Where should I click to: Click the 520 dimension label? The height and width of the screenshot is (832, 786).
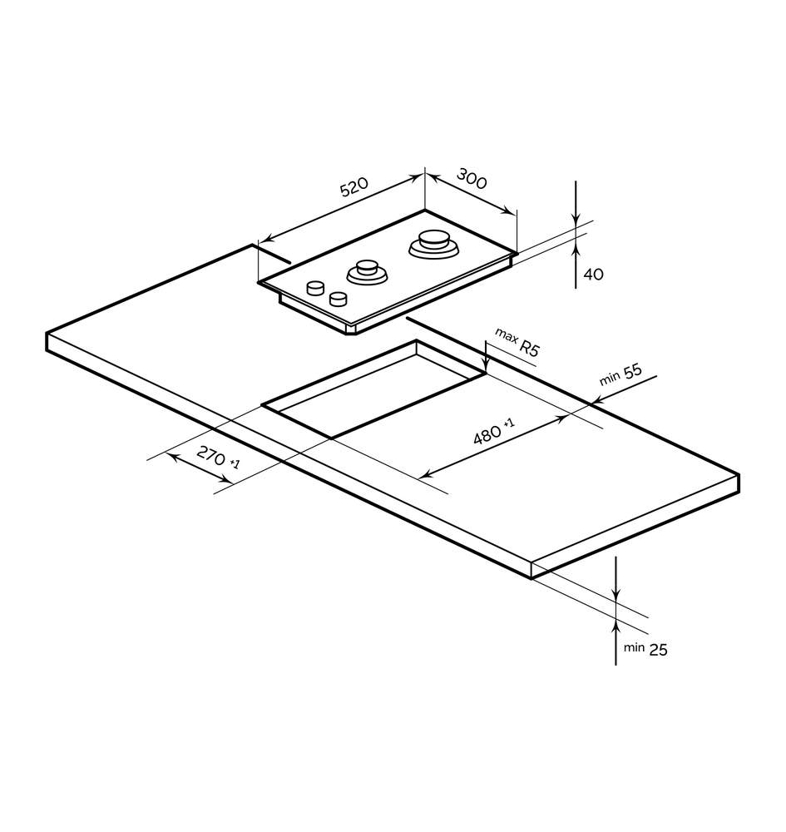pyautogui.click(x=353, y=186)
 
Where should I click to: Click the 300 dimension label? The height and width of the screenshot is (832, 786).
pyautogui.click(x=472, y=178)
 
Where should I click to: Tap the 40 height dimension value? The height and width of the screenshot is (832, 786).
pyautogui.click(x=594, y=275)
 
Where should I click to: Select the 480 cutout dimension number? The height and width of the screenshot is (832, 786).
pyautogui.click(x=487, y=435)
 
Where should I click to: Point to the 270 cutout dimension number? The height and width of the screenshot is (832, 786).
pyautogui.click(x=211, y=455)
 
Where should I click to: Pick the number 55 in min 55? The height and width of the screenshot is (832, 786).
pyautogui.click(x=632, y=371)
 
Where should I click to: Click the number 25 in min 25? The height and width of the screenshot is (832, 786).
pyautogui.click(x=658, y=650)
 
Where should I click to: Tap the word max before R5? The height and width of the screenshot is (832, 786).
pyautogui.click(x=506, y=335)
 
